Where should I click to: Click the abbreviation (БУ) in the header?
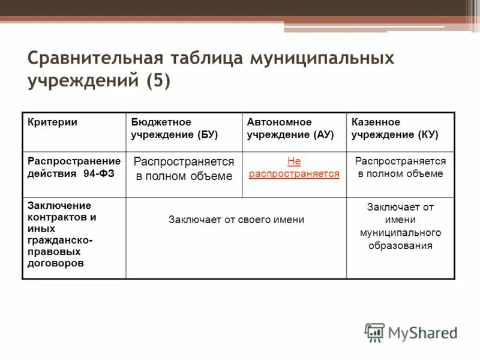(x=206, y=134)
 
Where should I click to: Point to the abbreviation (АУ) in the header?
(x=322, y=134)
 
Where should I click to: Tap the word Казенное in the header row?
(x=376, y=122)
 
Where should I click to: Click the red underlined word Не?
(x=294, y=161)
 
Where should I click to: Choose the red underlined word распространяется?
(x=294, y=174)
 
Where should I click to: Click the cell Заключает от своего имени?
(x=236, y=220)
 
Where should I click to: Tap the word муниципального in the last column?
(x=400, y=233)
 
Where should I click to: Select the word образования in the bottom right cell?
(x=400, y=245)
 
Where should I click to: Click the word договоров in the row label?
(x=55, y=263)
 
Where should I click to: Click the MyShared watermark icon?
(x=374, y=332)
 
